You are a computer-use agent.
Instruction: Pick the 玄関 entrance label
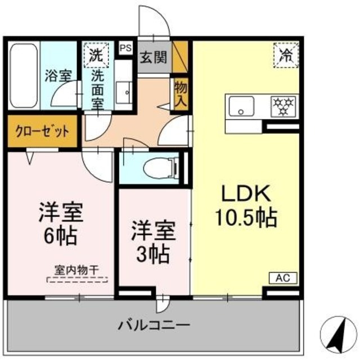(x=154, y=57)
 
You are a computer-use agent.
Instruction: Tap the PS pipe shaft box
(x=125, y=48)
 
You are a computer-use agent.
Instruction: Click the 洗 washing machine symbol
(x=95, y=55)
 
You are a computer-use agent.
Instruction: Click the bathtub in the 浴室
(x=24, y=76)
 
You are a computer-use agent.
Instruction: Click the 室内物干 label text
(x=76, y=269)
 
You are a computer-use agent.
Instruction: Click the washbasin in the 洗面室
(x=124, y=90)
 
